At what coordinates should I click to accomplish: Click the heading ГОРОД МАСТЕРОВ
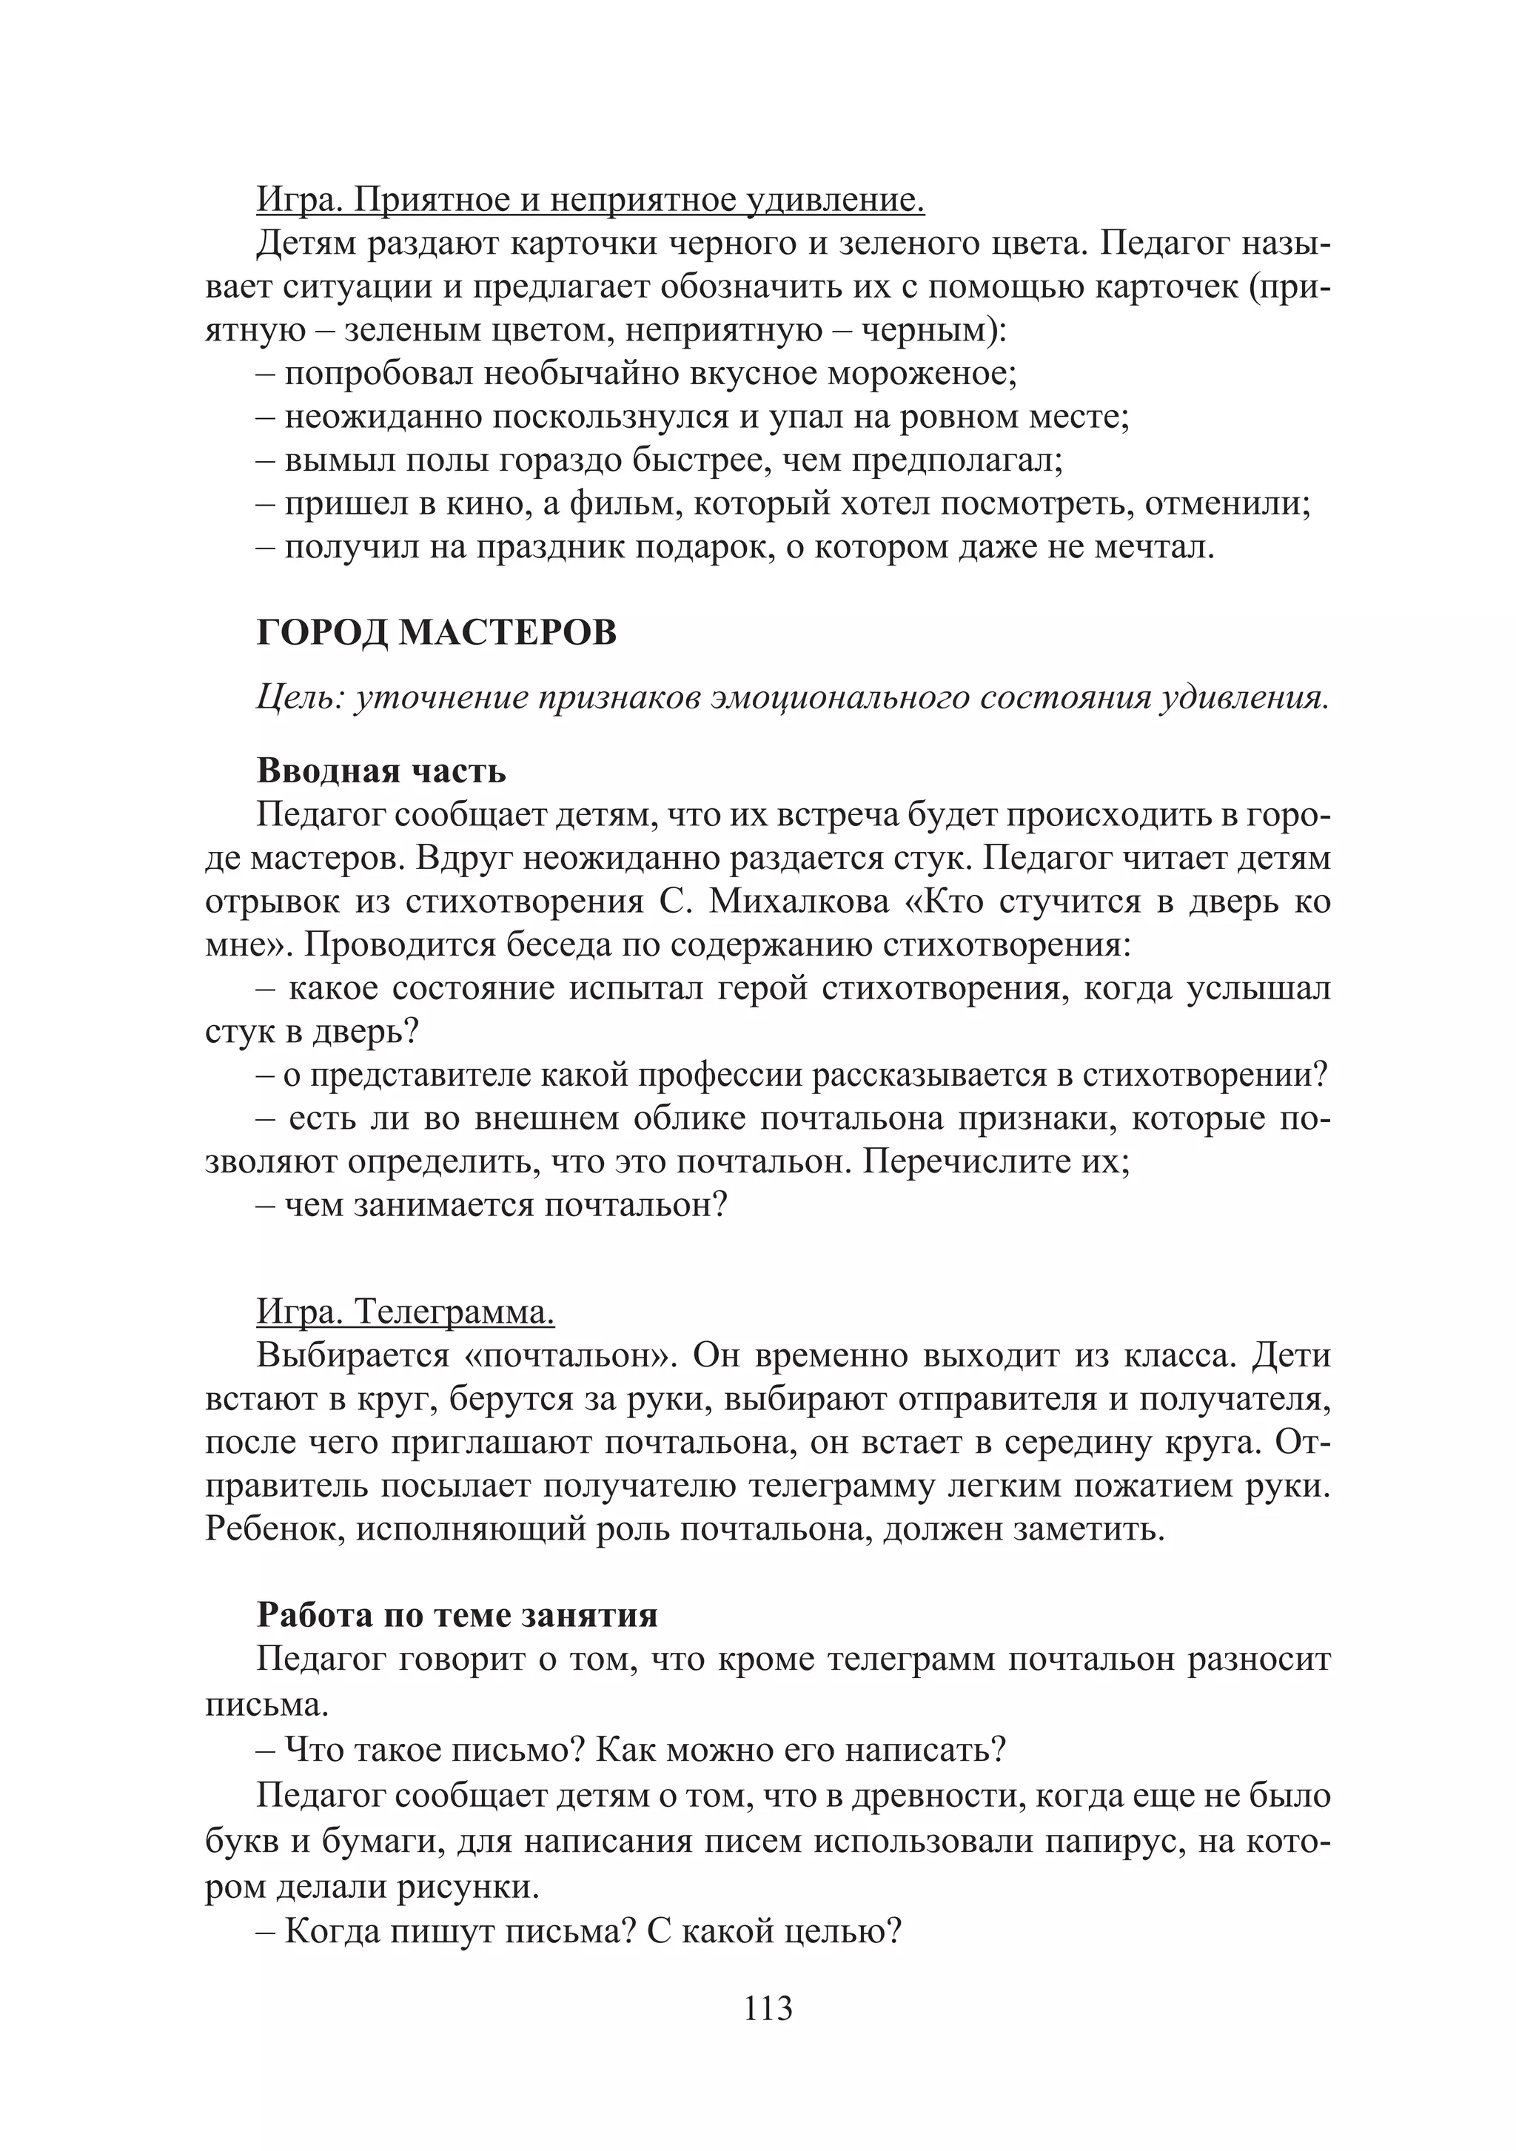click(437, 634)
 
